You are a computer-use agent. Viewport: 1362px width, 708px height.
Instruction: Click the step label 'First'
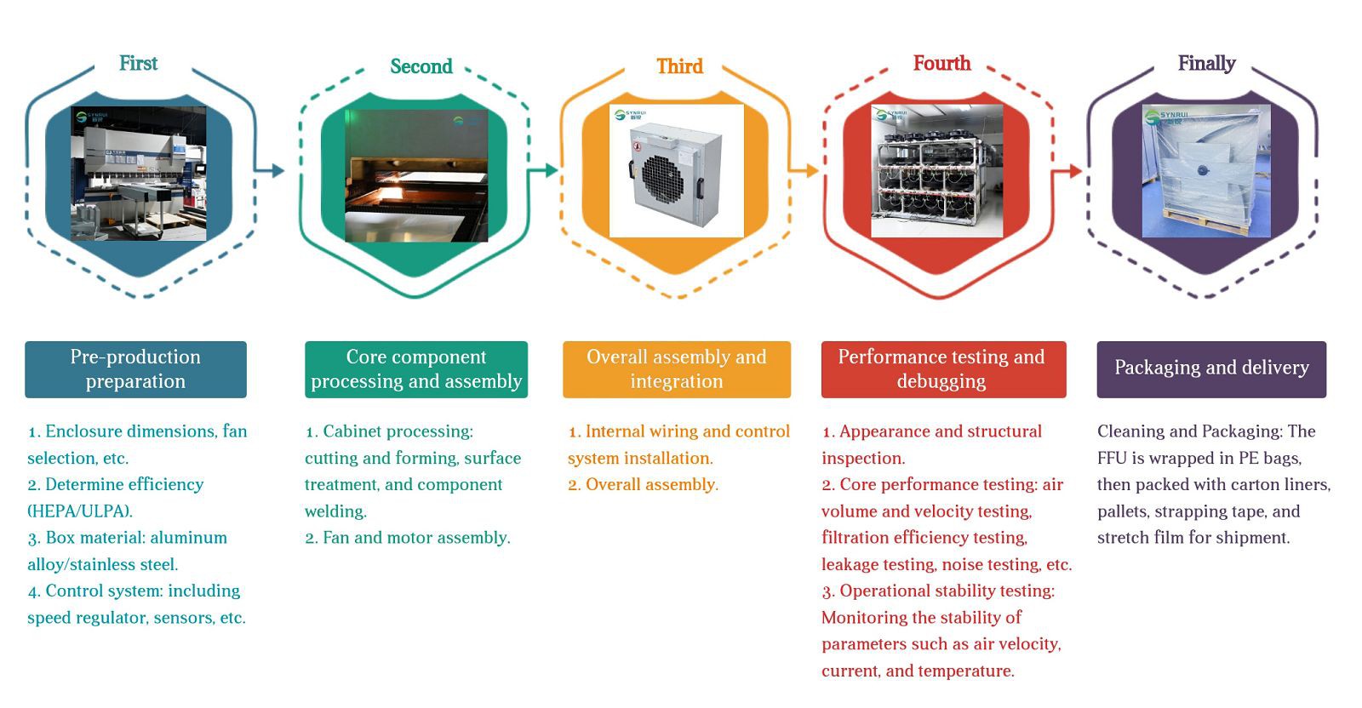tap(138, 64)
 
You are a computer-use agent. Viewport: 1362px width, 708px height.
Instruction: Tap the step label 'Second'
tap(421, 66)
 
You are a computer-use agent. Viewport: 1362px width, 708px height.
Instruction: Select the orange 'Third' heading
tap(679, 66)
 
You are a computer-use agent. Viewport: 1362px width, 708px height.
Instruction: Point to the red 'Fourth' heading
tap(941, 64)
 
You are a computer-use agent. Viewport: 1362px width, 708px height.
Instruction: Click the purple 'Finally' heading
tap(1206, 64)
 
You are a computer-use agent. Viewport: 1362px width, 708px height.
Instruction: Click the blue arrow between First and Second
tap(272, 170)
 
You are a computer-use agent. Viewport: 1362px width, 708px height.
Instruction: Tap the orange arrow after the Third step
tap(804, 170)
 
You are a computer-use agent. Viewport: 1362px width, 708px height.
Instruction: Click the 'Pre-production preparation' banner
tap(135, 369)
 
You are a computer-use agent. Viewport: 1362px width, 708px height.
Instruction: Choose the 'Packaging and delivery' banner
tap(1210, 368)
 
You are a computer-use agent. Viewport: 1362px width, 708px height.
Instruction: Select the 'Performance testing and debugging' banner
tap(942, 369)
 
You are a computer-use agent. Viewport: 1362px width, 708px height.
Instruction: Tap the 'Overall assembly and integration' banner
tap(676, 369)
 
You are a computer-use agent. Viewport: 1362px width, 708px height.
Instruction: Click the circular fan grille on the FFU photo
tap(663, 179)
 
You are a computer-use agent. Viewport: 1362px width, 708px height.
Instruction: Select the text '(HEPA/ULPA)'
tap(80, 511)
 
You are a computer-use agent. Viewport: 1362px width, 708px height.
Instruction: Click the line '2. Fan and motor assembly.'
tap(408, 538)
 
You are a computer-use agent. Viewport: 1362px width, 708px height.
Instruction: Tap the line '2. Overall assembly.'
tap(643, 484)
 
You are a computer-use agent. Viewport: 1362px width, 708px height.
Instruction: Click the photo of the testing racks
tap(936, 171)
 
